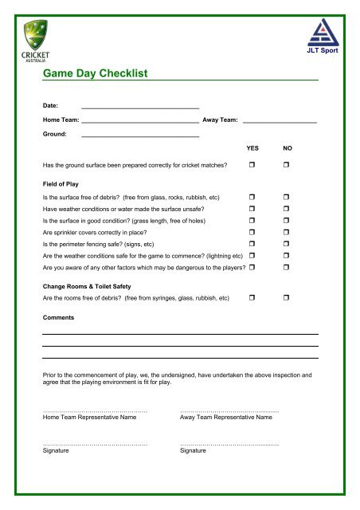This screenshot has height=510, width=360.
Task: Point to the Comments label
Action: [x=58, y=318]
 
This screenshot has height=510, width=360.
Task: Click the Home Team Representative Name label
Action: [x=89, y=417]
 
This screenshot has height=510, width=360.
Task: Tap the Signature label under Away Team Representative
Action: [x=194, y=450]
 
